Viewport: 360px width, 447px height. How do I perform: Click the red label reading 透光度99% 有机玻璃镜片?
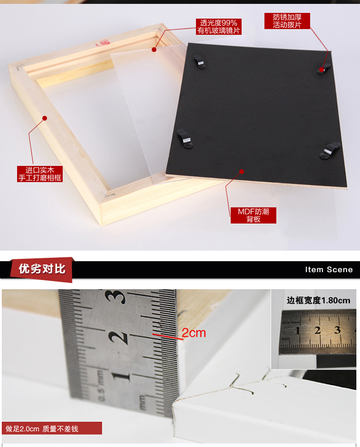click(218, 27)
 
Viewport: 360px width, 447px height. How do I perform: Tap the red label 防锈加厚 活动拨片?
click(287, 21)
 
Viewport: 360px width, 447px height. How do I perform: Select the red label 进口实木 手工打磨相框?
click(40, 174)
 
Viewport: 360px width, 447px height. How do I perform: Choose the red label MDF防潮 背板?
click(253, 215)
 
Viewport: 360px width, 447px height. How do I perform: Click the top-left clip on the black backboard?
click(199, 62)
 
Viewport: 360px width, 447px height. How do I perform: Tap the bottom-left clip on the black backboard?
click(184, 139)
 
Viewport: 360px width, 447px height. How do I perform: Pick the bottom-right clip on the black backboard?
click(330, 151)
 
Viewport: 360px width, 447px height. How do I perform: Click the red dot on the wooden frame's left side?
click(45, 118)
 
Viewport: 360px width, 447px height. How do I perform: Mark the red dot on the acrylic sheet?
click(154, 49)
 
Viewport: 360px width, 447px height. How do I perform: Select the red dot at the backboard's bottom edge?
click(242, 171)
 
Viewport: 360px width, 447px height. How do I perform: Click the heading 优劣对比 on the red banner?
click(42, 269)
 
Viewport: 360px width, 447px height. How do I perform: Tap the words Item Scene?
click(329, 270)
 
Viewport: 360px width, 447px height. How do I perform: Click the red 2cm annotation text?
click(194, 333)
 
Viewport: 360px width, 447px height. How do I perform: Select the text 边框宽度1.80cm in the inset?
click(318, 301)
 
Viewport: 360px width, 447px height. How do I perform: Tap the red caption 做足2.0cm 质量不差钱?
click(42, 429)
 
